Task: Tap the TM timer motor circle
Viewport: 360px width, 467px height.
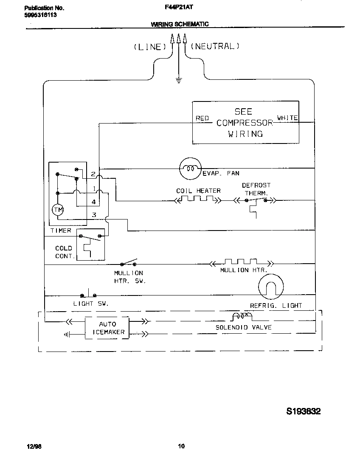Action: (57, 209)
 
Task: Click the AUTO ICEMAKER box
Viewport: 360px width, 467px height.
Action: (107, 328)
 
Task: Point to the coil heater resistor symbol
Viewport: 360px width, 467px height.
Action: (199, 199)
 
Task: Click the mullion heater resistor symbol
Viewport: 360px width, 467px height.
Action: (241, 262)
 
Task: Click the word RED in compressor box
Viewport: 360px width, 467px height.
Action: (202, 118)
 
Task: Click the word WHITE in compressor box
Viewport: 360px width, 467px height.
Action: (287, 118)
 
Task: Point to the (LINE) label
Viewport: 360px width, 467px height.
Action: (149, 47)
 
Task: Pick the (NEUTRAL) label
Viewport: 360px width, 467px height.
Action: (215, 46)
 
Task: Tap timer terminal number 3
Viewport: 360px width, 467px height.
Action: (94, 215)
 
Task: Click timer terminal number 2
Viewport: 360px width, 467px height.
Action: (93, 174)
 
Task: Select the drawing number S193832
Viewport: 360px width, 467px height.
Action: (303, 411)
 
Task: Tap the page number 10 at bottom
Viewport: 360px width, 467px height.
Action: (181, 446)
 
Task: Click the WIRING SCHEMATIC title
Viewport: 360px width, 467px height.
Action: (180, 24)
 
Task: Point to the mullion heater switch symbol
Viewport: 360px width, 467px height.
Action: (129, 263)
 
